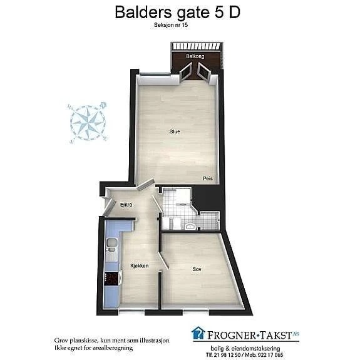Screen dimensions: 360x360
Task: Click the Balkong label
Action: [195, 56]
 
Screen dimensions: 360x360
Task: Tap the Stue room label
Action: [175, 131]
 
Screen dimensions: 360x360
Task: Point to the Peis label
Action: [208, 178]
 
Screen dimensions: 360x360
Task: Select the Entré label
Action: [126, 205]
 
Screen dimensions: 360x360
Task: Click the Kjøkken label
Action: [140, 265]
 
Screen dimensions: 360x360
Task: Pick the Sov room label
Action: [197, 269]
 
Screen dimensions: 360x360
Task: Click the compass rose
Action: [88, 122]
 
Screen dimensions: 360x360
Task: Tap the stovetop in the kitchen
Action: [111, 279]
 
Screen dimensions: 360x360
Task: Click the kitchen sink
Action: [111, 245]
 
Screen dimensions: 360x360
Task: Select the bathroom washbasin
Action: [190, 227]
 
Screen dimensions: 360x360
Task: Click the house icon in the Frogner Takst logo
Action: [198, 332]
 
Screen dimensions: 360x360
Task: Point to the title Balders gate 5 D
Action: [177, 12]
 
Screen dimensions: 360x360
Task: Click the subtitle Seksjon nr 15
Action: [171, 25]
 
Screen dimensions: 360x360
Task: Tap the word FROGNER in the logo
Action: [232, 336]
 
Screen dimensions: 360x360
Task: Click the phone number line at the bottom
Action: [245, 355]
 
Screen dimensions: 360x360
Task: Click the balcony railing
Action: [197, 46]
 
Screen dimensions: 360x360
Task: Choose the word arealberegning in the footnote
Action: [113, 348]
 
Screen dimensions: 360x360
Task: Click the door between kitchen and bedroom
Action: [163, 260]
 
